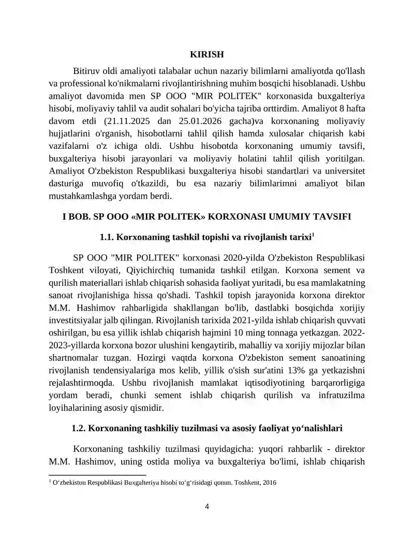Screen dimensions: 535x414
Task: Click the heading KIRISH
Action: pos(207,54)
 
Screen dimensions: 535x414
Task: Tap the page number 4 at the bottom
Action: pos(207,507)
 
